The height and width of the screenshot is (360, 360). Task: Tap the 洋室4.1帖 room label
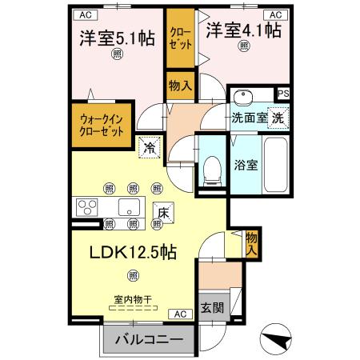(243, 30)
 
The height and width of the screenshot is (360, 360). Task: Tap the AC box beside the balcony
(181, 314)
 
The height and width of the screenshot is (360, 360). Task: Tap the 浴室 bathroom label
(245, 166)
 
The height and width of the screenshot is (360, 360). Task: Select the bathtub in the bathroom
(277, 166)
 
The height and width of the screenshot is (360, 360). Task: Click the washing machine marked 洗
(277, 117)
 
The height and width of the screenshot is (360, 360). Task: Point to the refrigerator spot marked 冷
(148, 146)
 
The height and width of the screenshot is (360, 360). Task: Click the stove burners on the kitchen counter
(86, 207)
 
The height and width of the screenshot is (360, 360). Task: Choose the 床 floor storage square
(162, 214)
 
